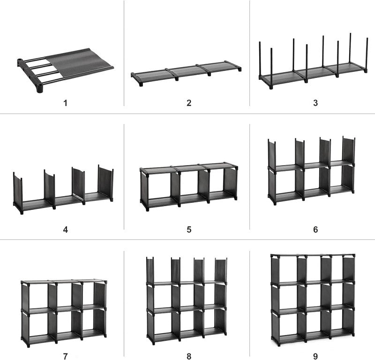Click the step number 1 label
(65, 103)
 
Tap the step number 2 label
(189, 103)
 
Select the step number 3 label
(315, 103)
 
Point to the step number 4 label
(65, 230)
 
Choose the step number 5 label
(189, 230)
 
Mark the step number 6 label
(315, 230)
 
